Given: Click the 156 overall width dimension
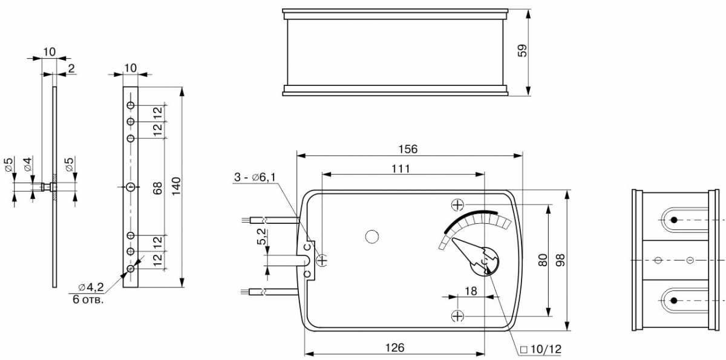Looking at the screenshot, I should (408, 149).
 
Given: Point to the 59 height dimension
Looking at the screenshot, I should (523, 50).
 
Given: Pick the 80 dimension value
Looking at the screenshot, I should (543, 261).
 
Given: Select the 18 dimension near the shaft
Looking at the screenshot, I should (471, 291).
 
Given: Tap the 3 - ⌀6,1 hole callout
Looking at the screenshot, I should (255, 177).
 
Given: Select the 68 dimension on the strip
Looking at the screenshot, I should (157, 187).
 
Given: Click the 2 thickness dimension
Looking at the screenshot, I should (71, 68).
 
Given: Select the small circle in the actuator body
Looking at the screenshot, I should (372, 237).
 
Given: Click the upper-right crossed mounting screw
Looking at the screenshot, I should (457, 205).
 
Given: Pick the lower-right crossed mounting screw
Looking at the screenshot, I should (457, 315).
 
